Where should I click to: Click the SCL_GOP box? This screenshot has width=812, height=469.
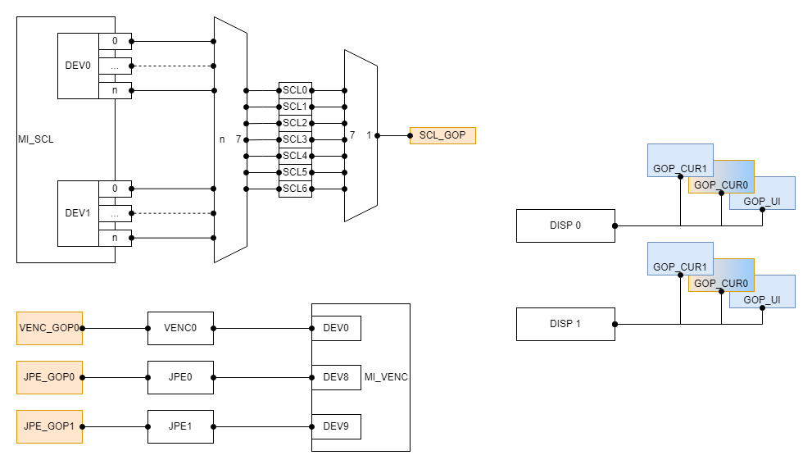coord(442,135)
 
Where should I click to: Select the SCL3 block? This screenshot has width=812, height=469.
coord(295,139)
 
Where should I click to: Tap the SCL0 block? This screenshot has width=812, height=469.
coord(295,90)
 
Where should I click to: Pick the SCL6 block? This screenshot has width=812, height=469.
coord(295,189)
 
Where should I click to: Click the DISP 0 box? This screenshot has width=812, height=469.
coord(565,225)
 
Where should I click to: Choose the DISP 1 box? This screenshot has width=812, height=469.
coord(565,324)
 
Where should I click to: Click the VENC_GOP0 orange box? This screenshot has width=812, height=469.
coord(49,328)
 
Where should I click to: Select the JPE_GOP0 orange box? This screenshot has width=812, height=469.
coord(49,377)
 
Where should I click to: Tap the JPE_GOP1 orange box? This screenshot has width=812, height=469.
coord(49,426)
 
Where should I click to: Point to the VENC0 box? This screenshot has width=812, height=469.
coord(180,328)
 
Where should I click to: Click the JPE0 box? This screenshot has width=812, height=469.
coord(180,377)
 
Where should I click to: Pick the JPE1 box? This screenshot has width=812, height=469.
coord(180,426)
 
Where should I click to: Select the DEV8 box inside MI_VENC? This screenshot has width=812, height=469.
coord(336,377)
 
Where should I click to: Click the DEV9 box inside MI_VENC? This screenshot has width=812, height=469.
coord(336,426)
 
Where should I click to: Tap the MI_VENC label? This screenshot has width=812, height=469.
coord(386,377)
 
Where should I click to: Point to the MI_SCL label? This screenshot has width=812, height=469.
coord(35,139)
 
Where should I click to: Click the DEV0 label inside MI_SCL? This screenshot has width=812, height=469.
coord(78,66)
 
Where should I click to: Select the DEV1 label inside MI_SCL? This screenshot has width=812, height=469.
coord(78,213)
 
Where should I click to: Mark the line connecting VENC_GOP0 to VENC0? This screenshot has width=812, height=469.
coord(115,328)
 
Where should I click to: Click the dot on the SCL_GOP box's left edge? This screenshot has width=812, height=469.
coord(410,135)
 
